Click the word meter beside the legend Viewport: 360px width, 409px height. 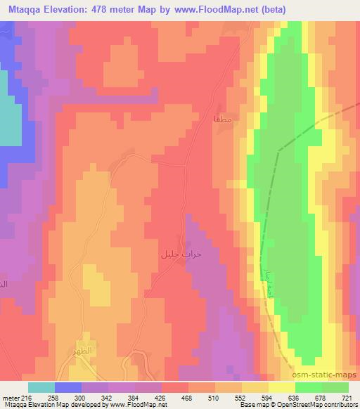[9, 398]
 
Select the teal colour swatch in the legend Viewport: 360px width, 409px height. [41, 387]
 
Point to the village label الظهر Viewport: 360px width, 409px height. [83, 349]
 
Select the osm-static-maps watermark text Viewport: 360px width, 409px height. [328, 377]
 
